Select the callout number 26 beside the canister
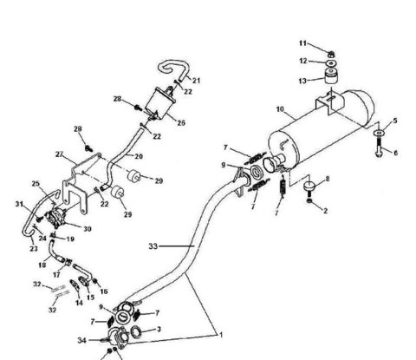(x=180, y=122)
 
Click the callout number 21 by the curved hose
(x=196, y=81)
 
